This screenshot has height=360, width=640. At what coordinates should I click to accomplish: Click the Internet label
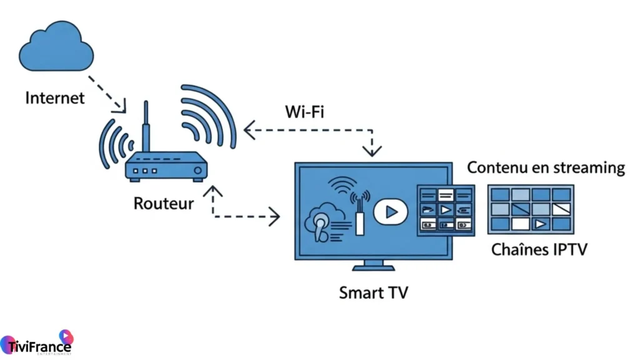tap(54, 98)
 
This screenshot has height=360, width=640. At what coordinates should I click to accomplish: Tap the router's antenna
tap(146, 128)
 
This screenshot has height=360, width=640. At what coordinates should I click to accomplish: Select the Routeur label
tap(163, 203)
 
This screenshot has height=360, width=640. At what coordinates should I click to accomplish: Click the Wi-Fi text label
tap(304, 112)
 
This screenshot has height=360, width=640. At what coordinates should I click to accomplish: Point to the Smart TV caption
tap(373, 292)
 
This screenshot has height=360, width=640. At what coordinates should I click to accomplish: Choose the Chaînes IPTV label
tap(539, 250)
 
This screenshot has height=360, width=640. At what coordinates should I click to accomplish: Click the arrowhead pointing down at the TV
tap(372, 151)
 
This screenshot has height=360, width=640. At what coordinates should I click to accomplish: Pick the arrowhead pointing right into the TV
tap(275, 217)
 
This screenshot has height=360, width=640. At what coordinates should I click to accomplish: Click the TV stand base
tap(373, 267)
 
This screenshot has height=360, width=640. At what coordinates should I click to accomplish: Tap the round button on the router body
tap(198, 170)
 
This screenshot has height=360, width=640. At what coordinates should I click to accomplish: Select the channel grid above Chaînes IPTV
tap(531, 209)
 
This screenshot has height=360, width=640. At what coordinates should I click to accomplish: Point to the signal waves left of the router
tap(113, 144)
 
